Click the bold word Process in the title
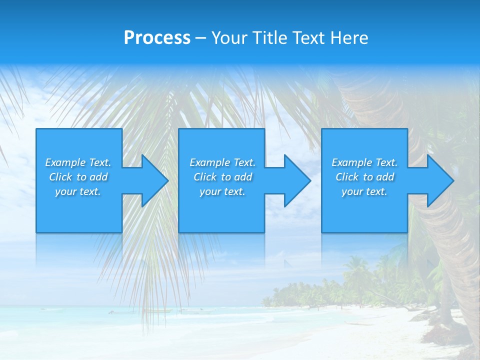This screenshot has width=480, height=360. pyautogui.click(x=157, y=38)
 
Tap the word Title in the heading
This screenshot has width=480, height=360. pyautogui.click(x=270, y=38)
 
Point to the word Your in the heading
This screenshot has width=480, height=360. pyautogui.click(x=230, y=38)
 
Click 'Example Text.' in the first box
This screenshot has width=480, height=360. pyautogui.click(x=78, y=162)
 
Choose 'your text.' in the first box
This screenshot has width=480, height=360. pyautogui.click(x=78, y=191)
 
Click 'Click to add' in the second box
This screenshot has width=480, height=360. pyautogui.click(x=222, y=177)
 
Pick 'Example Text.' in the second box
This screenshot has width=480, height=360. pyautogui.click(x=222, y=162)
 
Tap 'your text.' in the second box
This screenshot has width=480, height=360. pyautogui.click(x=222, y=191)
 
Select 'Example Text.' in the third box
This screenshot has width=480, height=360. pyautogui.click(x=364, y=162)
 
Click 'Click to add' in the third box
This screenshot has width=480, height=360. pyautogui.click(x=364, y=177)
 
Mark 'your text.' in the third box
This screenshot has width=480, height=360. pyautogui.click(x=364, y=191)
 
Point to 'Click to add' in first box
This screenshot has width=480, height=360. pyautogui.click(x=78, y=177)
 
